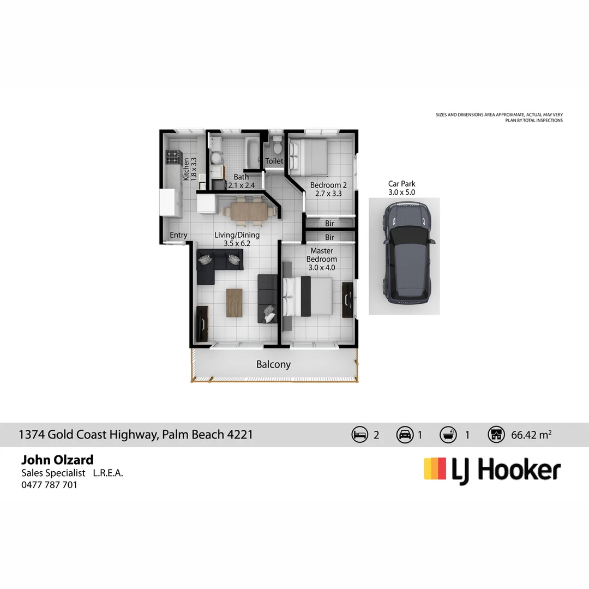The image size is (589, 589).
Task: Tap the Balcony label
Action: coord(273,364)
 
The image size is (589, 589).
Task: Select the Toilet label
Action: coord(274,161)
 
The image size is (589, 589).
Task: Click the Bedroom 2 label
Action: coord(328,185)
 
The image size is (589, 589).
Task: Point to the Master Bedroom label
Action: coord(321,255)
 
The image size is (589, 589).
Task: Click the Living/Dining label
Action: coord(237,235)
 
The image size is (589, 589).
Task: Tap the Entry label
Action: coord(178,235)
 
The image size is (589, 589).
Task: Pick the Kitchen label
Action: coord(186,169)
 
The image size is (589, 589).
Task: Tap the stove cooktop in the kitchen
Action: coord(172,158)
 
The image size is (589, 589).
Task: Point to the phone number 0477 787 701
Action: coord(49,484)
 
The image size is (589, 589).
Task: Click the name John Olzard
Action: coord(57,460)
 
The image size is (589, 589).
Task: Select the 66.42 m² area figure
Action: coord(531,435)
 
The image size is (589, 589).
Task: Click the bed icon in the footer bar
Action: coord(360,435)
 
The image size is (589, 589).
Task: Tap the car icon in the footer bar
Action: coord(405,435)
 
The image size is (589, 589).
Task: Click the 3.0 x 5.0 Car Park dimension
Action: coord(401,192)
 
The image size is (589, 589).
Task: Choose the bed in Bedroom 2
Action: coord(308,154)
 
